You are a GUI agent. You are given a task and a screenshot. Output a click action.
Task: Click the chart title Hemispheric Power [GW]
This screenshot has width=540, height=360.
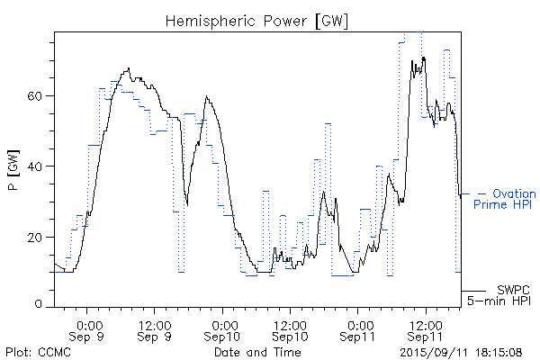point(257,21)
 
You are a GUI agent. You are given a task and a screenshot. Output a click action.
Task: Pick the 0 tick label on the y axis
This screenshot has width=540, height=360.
point(43,306)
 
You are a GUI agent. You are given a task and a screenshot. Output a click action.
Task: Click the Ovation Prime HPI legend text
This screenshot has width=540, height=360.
point(505,199)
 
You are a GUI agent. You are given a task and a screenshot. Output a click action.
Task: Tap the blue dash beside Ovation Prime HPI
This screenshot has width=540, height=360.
point(482,193)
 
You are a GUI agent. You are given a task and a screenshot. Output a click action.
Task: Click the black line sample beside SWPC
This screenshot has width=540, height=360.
point(477,291)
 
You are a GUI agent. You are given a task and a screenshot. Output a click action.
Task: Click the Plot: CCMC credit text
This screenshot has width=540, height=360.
point(36,352)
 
